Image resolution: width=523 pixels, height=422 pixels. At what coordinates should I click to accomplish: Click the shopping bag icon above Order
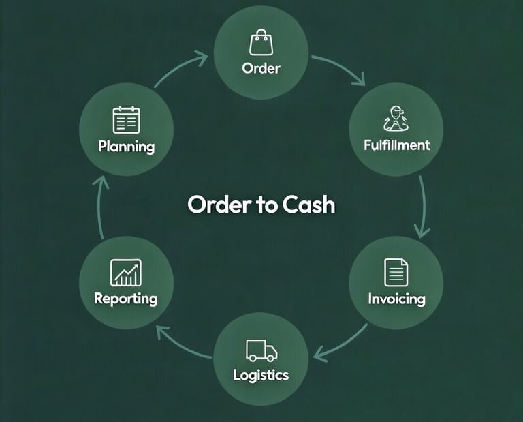[x=261, y=43]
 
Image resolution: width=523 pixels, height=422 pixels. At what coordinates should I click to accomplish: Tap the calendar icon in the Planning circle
[x=126, y=120]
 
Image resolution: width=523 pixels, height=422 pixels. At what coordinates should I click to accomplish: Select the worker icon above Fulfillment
[x=396, y=119]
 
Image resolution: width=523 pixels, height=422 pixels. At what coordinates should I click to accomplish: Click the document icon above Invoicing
[x=396, y=272]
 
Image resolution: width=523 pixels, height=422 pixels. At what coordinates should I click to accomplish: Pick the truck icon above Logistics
[x=261, y=350]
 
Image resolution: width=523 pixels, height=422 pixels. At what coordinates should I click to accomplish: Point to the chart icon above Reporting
[x=126, y=272]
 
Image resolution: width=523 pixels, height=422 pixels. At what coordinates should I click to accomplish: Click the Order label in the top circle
[x=261, y=68]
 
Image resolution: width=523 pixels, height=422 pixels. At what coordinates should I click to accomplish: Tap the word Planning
[x=126, y=146]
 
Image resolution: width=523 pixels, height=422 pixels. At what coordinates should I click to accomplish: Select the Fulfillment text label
[x=396, y=145]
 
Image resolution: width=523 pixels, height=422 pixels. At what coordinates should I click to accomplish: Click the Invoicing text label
[x=396, y=299]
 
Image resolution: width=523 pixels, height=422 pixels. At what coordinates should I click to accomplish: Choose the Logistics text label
[x=261, y=375]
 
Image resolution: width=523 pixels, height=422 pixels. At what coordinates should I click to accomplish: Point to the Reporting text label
[x=126, y=299]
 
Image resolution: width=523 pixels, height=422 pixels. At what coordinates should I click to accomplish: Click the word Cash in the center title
[x=310, y=205]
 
